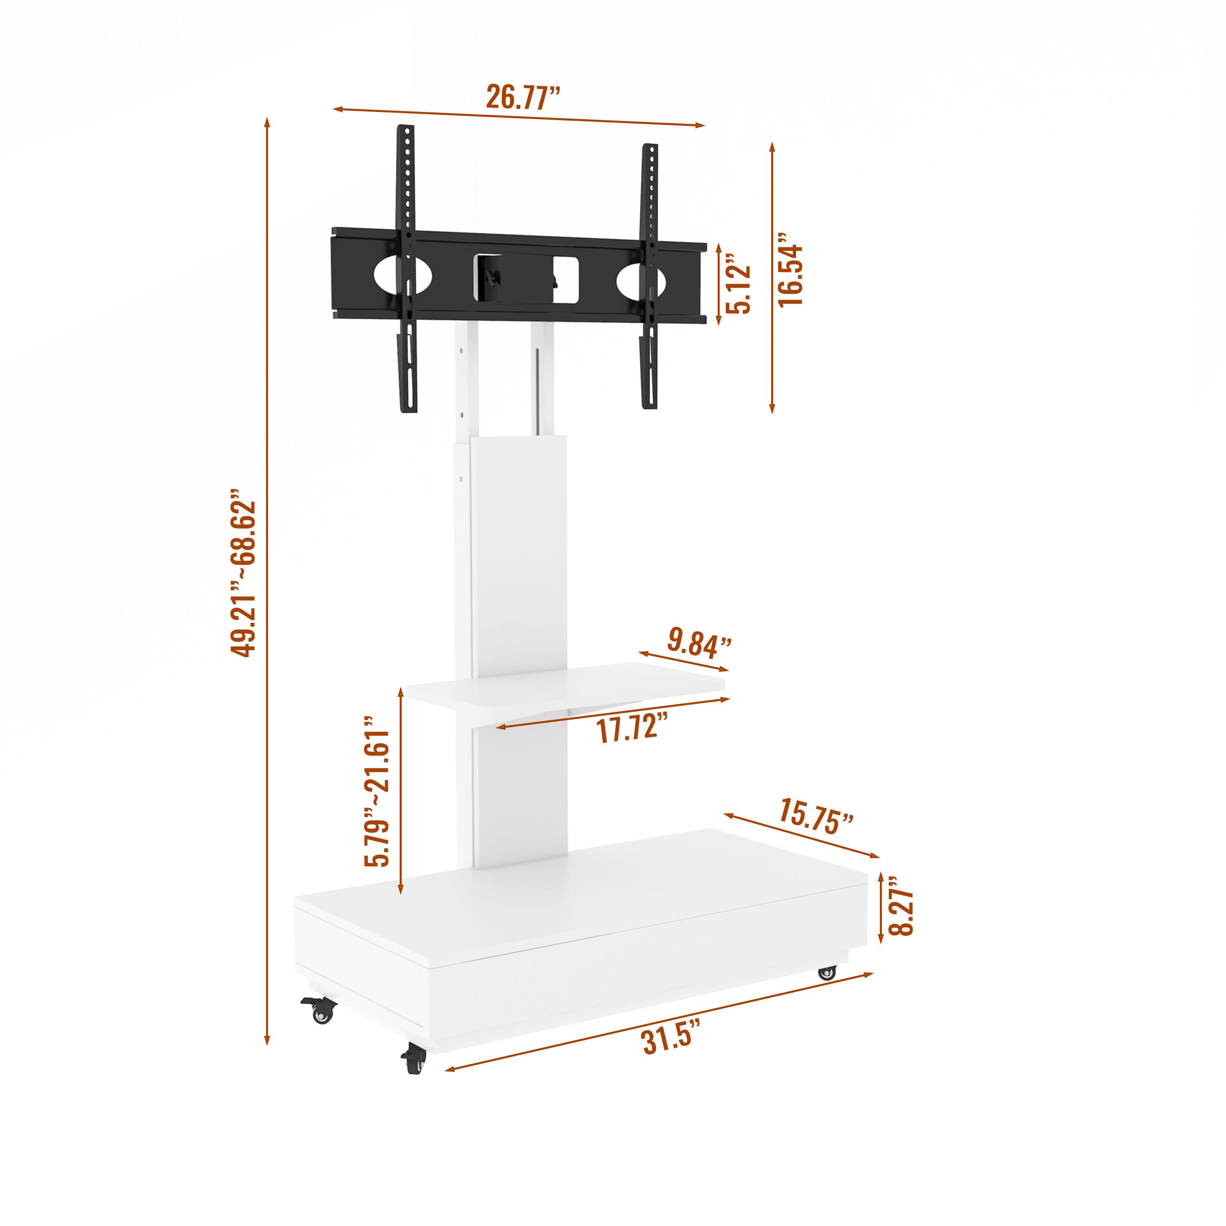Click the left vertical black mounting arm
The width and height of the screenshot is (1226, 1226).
[407, 266]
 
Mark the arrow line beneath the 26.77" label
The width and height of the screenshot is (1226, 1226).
[519, 117]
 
